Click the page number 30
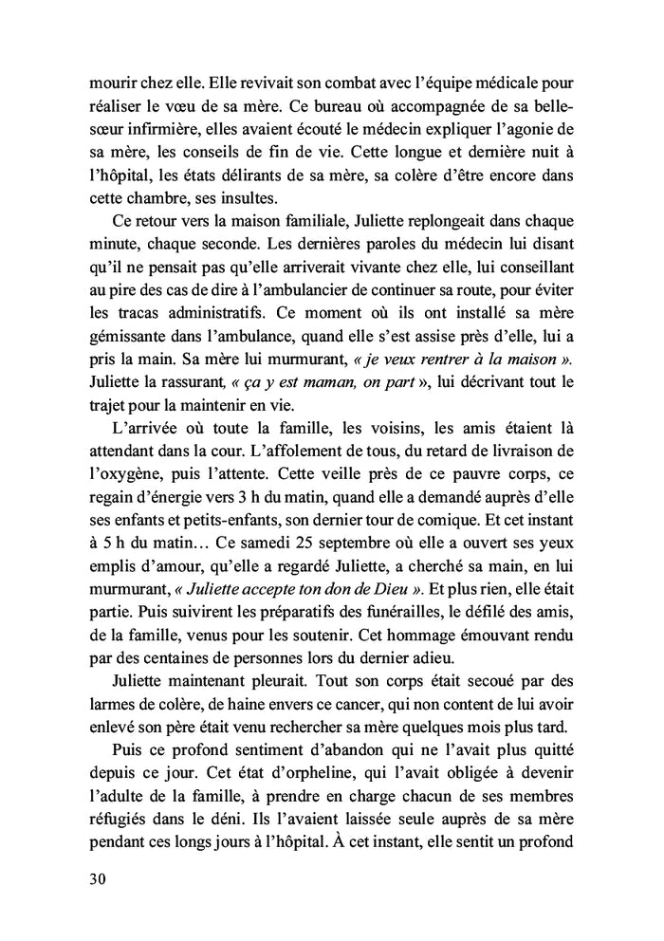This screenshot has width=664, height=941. click(92, 877)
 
